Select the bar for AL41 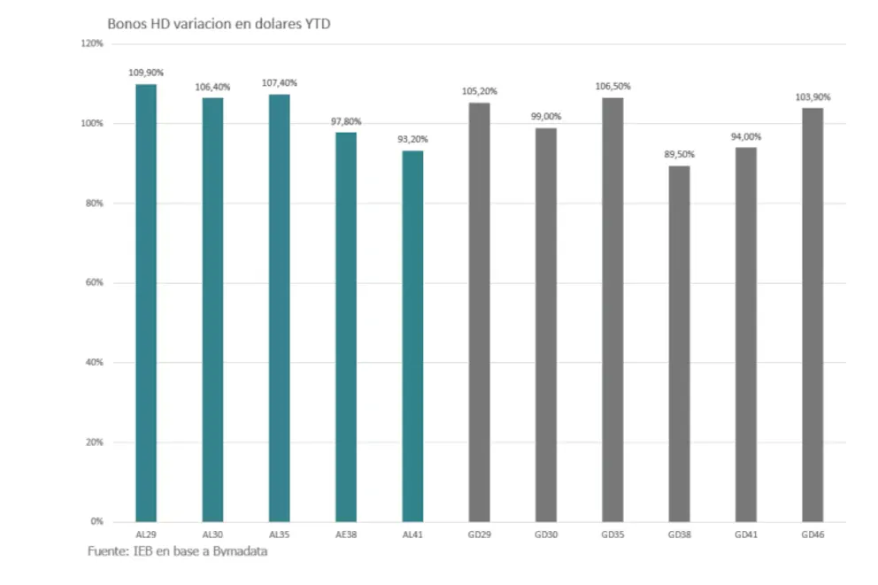click(412, 335)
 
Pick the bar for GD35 click(612, 309)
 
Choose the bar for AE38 click(346, 327)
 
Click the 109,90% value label click(146, 73)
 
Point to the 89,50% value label click(680, 154)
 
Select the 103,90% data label click(813, 96)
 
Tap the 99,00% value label click(546, 116)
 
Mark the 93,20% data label click(412, 139)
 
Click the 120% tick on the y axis click(93, 43)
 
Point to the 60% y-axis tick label click(95, 282)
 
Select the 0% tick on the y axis click(96, 521)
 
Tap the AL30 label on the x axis click(212, 535)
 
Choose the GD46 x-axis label click(813, 535)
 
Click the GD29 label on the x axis click(479, 535)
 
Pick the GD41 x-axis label click(746, 535)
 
